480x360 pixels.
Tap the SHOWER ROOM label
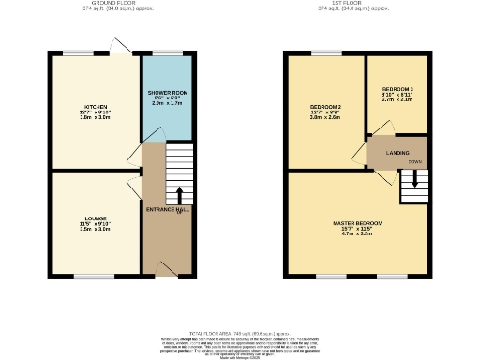coord(167,93)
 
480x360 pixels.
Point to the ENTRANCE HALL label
coord(167,209)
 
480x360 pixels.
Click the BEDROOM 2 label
coord(325,108)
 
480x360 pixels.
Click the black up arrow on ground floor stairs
coord(179,195)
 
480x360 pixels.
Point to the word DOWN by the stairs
coord(413,161)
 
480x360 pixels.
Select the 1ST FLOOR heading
coord(353,3)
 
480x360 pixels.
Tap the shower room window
coord(167,53)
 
